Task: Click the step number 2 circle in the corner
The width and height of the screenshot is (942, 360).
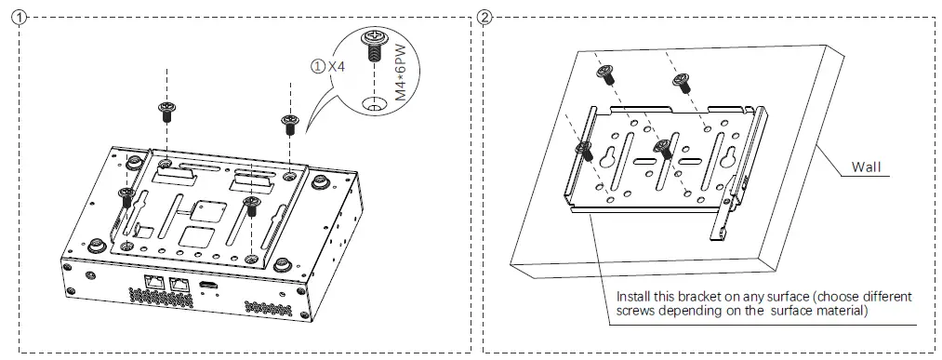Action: pos(484,18)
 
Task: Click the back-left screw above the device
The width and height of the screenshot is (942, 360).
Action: pos(167,111)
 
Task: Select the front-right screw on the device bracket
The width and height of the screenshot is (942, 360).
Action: pos(249,205)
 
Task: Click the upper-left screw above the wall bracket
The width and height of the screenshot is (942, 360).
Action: pos(606,74)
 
